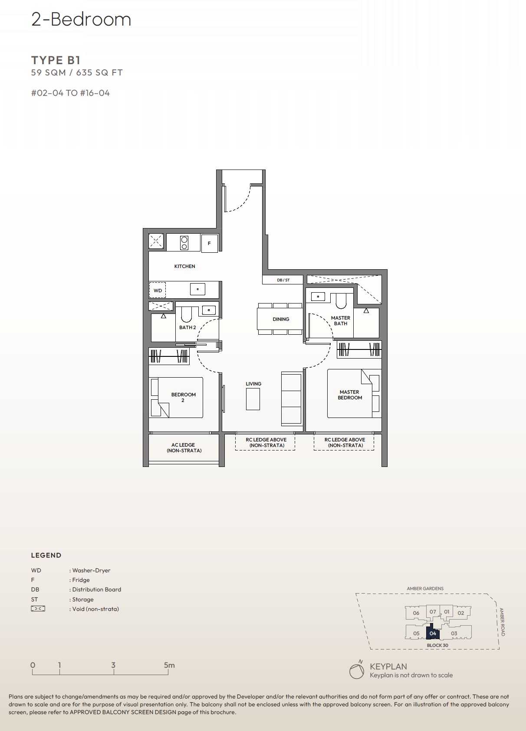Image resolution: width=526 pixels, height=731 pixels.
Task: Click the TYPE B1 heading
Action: [x=56, y=60]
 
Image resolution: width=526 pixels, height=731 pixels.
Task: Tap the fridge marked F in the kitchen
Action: [x=209, y=243]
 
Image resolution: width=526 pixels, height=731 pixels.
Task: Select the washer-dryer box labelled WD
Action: [x=158, y=290]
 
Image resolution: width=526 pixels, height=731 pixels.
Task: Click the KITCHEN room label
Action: [x=184, y=266]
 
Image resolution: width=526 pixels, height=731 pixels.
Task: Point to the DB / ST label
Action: [x=283, y=280]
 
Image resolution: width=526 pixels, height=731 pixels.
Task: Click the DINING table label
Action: [x=281, y=319]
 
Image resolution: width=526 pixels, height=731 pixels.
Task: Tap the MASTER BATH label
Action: [x=341, y=321]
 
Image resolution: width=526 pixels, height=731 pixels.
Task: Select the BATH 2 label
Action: [x=187, y=327]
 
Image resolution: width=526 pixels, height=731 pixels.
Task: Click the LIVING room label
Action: [x=253, y=384]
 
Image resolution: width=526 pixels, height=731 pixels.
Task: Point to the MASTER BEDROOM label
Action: [x=350, y=395]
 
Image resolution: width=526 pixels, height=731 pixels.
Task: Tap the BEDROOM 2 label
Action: [x=183, y=397]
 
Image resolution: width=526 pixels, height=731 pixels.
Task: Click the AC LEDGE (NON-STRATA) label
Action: [x=184, y=448]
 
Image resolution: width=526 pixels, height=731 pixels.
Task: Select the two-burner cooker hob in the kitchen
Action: [x=184, y=243]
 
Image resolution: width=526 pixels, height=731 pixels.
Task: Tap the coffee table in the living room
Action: [x=253, y=399]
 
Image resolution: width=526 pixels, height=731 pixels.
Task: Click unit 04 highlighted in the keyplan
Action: [x=433, y=633]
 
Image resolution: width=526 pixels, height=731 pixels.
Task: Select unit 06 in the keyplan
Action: [x=416, y=613]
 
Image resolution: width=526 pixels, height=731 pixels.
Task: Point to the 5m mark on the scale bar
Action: [x=169, y=666]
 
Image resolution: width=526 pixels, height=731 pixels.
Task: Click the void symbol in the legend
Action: [x=38, y=609]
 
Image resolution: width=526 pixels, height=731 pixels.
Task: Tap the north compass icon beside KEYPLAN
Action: [x=357, y=670]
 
